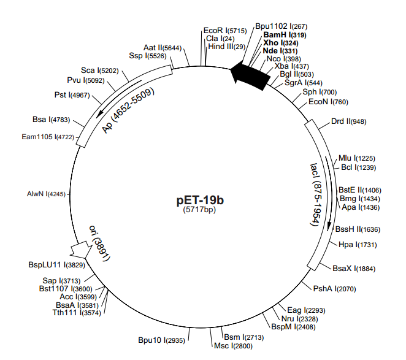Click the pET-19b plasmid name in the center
point(201,200)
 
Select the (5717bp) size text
point(201,210)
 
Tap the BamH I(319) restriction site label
point(285,35)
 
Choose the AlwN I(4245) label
point(46,194)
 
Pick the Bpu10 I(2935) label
point(161,340)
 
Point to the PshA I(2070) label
point(334,288)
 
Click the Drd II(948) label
point(348,121)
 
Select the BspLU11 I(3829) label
point(55,265)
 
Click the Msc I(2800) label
point(229,346)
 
